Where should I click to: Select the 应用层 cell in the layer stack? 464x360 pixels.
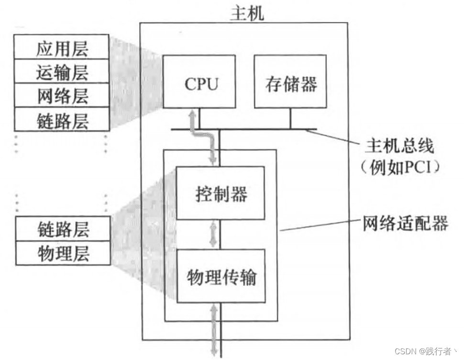click(x=62, y=48)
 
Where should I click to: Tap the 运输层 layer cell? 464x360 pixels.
click(x=62, y=72)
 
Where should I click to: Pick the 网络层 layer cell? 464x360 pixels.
click(x=62, y=96)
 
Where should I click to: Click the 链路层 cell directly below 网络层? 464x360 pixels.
click(x=62, y=120)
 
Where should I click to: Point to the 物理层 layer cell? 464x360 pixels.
click(x=62, y=253)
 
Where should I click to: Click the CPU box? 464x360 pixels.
click(x=200, y=82)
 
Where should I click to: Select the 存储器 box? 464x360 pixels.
click(x=290, y=82)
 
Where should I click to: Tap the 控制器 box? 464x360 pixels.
click(x=221, y=193)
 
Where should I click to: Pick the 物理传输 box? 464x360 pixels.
click(x=221, y=276)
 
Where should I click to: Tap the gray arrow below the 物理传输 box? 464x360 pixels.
click(x=214, y=330)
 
